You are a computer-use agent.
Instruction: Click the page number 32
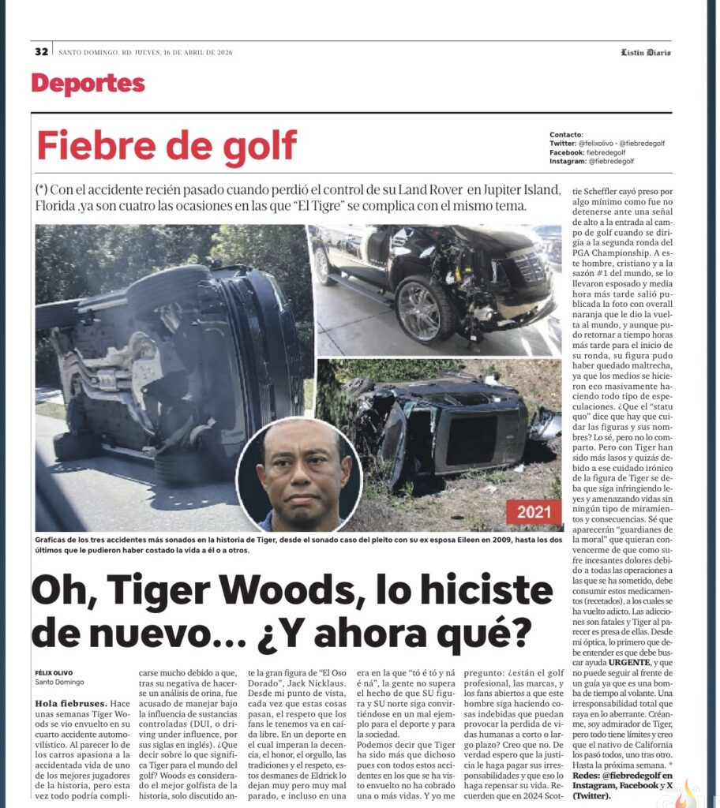[x=41, y=52]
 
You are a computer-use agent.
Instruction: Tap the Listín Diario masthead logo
[x=645, y=53]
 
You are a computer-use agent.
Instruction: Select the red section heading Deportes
[x=88, y=84]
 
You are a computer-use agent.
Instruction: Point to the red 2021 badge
[x=534, y=512]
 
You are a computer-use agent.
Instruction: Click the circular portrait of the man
[x=299, y=475]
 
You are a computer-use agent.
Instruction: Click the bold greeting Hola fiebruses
[x=71, y=702]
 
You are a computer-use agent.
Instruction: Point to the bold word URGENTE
[x=629, y=664]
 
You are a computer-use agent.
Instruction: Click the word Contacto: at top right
[x=566, y=135]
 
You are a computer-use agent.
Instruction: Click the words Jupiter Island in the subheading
[x=524, y=191]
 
